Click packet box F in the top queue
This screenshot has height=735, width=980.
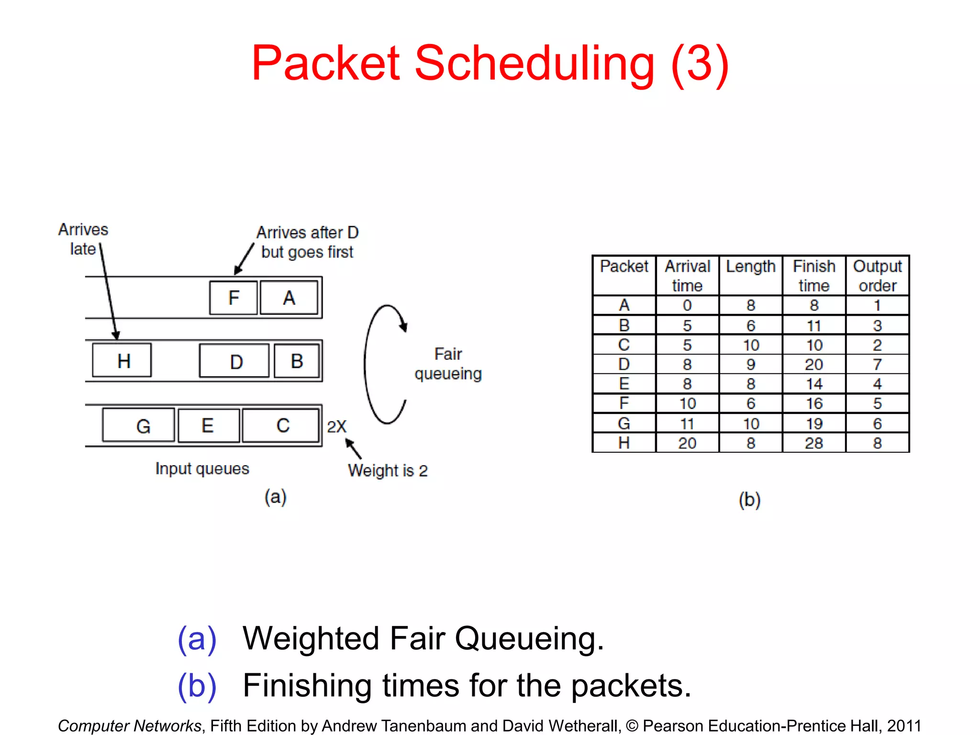(x=234, y=298)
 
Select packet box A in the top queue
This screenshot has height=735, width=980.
(x=289, y=298)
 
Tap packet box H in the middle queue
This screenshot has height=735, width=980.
(x=122, y=360)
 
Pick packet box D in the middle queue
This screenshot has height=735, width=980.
(x=234, y=361)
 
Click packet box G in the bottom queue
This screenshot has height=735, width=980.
(x=139, y=425)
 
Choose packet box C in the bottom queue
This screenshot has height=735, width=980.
(x=281, y=425)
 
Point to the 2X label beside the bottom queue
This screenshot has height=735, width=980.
(x=336, y=426)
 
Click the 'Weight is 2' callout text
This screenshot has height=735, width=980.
(x=388, y=470)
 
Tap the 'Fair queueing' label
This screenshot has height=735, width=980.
(x=448, y=364)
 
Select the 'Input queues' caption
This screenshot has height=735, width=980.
(x=202, y=468)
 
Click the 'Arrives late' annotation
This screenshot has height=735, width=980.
(x=83, y=239)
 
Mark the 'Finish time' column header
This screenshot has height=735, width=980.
(x=813, y=276)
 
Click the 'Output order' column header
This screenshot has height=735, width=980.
(x=877, y=276)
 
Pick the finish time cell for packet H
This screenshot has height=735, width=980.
(x=813, y=443)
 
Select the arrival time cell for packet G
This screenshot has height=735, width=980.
(x=687, y=423)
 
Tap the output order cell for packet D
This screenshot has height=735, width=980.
(x=877, y=365)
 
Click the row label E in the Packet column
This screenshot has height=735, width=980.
(x=624, y=384)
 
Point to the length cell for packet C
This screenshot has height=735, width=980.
(x=750, y=345)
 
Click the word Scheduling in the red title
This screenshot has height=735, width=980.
(x=534, y=63)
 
